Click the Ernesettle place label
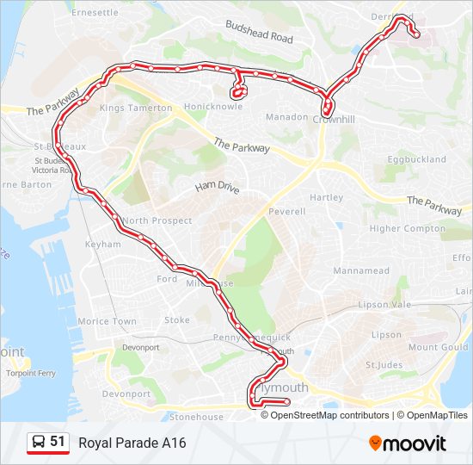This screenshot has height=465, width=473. point(95,13)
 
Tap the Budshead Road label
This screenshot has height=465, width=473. point(259,33)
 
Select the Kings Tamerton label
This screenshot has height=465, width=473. point(136,108)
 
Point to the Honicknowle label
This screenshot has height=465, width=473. point(212,107)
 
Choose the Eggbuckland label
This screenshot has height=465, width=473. point(416,159)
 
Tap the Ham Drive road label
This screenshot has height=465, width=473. point(217,187)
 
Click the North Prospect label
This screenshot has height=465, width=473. point(157,220)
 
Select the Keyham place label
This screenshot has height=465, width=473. point(102,245)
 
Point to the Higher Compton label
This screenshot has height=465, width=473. point(408,229)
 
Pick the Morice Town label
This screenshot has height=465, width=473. point(107,321)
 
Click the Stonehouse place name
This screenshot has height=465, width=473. point(195,417)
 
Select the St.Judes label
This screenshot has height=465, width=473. point(384,365)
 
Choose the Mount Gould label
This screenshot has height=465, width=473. point(438,347)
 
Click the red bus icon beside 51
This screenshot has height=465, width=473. point(39,442)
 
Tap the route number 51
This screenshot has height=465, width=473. point(58,442)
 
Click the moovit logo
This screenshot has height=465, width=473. point(408,443)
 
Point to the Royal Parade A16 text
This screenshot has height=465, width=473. point(132,443)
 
